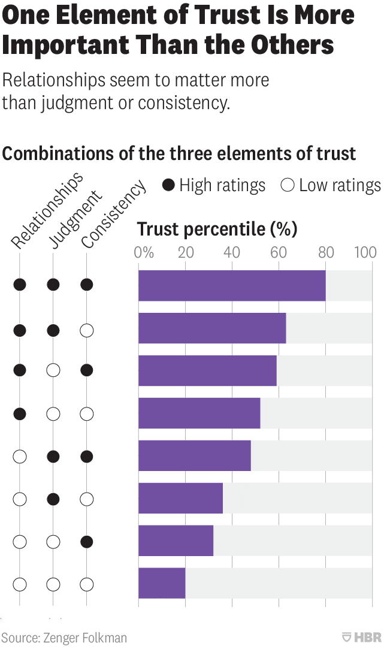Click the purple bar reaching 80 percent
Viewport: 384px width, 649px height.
tap(232, 285)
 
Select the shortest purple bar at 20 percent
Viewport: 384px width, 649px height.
tap(162, 583)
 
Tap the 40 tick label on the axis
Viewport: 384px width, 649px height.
tap(232, 252)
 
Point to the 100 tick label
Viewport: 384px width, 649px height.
tap(365, 252)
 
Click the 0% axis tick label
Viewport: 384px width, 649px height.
tap(144, 252)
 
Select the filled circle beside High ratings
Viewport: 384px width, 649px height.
tap(169, 186)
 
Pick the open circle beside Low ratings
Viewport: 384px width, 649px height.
tap(288, 186)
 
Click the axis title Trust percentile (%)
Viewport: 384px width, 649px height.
tap(217, 229)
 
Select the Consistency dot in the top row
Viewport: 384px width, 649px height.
tap(87, 285)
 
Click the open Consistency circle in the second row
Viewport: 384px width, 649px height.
tap(87, 330)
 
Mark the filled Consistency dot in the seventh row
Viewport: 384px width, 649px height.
tap(87, 542)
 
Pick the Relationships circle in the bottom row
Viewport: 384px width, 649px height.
tap(20, 584)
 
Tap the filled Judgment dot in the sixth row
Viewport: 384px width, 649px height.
tap(53, 499)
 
